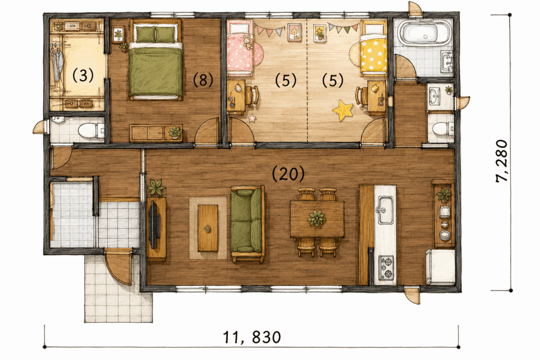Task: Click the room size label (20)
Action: pos(288,173)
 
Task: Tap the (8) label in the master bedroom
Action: pos(203,80)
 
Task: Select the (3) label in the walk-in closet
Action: pos(83,75)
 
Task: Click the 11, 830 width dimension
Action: pos(252,337)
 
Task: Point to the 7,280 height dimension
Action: pos(502,160)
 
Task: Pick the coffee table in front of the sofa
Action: pos(208,228)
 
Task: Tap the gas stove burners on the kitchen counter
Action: pos(385,268)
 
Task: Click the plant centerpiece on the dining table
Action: pos(316,218)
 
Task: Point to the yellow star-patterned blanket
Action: pos(374,55)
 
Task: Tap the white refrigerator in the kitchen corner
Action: pos(440,266)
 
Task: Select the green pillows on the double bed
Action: pos(156,34)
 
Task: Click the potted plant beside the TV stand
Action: pos(156,188)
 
